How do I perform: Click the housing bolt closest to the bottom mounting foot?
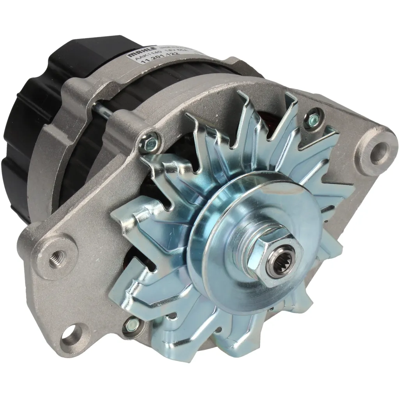pos(131,323)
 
